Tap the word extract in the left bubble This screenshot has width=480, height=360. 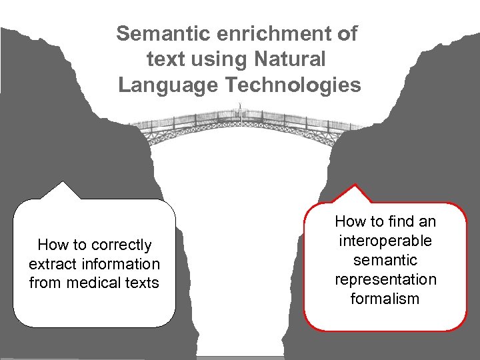click(55, 264)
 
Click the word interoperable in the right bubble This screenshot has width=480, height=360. click(385, 241)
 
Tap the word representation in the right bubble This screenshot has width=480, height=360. click(385, 279)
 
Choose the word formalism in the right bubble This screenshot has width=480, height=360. click(385, 299)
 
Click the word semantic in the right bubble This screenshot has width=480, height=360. click(385, 260)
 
